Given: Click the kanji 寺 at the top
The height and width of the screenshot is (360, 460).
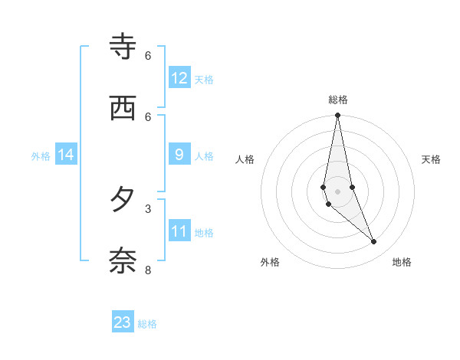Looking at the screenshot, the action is point(123,48).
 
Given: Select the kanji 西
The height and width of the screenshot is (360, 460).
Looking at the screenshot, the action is point(123,108).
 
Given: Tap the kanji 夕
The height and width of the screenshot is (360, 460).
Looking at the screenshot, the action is point(123,200).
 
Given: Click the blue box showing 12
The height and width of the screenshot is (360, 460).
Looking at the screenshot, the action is point(179,78).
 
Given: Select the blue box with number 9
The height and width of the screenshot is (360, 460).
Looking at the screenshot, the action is point(179,155).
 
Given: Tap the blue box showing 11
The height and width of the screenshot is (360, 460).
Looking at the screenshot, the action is point(179,231).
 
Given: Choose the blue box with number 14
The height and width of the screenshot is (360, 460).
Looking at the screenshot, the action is point(66,155).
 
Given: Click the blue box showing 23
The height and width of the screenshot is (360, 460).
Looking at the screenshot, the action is point(123,322).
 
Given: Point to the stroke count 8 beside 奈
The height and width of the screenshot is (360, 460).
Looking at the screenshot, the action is point(148,270).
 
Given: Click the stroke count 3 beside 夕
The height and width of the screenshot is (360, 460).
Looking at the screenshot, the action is point(148,208).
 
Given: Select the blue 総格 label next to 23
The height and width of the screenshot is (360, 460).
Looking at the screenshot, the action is point(147,324).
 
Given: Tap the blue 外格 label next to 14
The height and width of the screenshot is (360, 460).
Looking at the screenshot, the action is point(41,156).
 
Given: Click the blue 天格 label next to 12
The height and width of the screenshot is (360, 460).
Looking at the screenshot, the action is point(204,80).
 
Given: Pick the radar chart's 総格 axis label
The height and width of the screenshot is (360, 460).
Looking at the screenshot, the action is point(338,100).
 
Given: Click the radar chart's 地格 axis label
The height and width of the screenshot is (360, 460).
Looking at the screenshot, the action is point(402,262).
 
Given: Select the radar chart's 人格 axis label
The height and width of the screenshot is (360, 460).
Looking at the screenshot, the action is point(245,159).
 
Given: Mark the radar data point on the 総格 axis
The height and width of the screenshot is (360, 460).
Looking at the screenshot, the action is point(338,115).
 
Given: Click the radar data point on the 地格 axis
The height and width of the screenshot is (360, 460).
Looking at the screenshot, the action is point(374,241).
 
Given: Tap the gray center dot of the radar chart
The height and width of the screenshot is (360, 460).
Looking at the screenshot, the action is point(338,191).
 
